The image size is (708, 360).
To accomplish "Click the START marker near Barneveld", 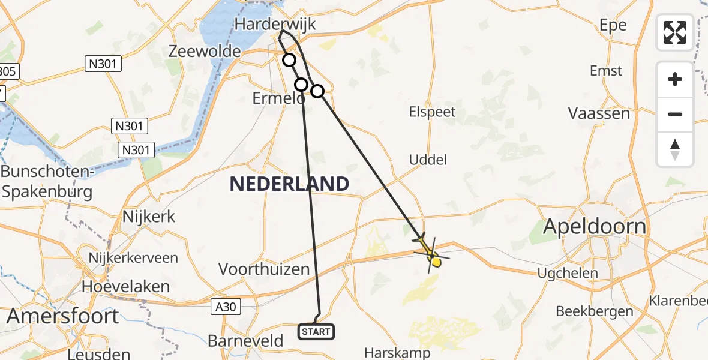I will (316, 331).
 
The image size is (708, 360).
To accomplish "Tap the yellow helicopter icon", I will (431, 253).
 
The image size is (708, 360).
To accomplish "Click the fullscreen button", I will (675, 32).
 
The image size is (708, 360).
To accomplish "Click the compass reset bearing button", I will (675, 149).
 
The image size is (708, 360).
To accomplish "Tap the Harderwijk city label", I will (275, 24).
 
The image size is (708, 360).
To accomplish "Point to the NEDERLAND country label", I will (290, 184).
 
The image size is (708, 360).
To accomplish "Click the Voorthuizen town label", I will (264, 269).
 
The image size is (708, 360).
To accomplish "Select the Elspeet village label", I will (432, 112).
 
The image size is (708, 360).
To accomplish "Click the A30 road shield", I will (226, 307).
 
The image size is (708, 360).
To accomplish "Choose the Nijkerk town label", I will (148, 216).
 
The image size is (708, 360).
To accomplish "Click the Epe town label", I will (613, 25).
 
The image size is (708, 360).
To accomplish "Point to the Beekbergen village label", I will (595, 311).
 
